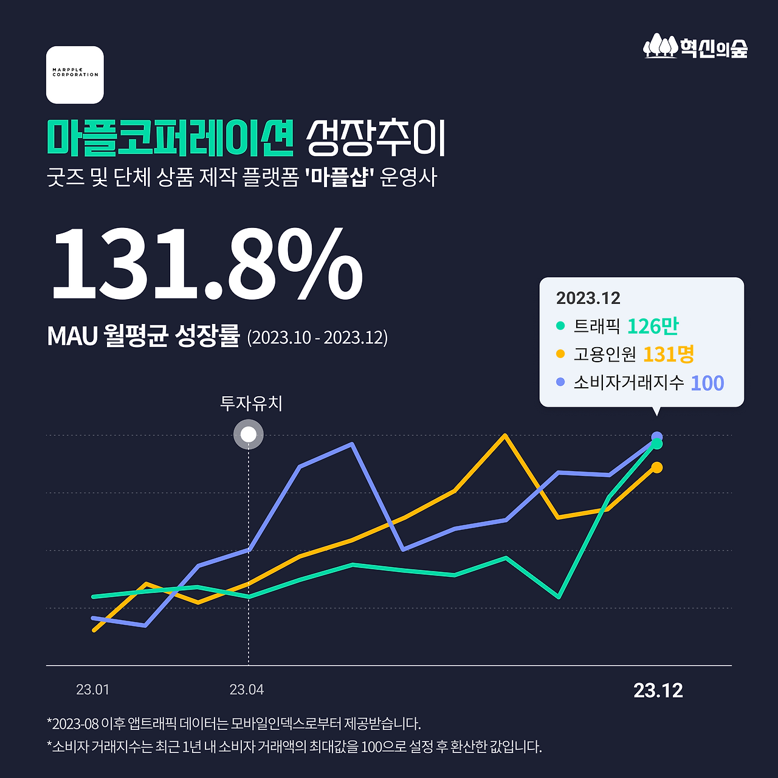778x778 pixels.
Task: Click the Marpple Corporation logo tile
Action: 75,75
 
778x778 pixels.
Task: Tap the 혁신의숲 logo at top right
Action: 695,47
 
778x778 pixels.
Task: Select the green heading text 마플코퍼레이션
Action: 170,137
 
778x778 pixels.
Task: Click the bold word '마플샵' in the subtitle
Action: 339,177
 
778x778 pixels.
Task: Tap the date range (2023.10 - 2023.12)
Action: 317,337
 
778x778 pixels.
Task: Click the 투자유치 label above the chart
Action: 251,403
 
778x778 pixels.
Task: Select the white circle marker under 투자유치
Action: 249,435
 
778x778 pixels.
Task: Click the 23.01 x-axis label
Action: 92,690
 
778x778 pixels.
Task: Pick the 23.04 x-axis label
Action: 246,690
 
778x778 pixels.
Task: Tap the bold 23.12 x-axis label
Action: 658,690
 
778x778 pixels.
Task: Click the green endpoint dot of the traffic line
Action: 656,444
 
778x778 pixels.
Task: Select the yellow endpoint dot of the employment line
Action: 656,467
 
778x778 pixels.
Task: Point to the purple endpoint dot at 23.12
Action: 656,436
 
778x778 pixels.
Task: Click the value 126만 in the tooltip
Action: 652,326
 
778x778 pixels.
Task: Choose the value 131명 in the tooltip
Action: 668,354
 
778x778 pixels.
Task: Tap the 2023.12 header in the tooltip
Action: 588,298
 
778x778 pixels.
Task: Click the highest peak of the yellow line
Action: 504,435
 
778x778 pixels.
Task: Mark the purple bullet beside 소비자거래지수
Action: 560,382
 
